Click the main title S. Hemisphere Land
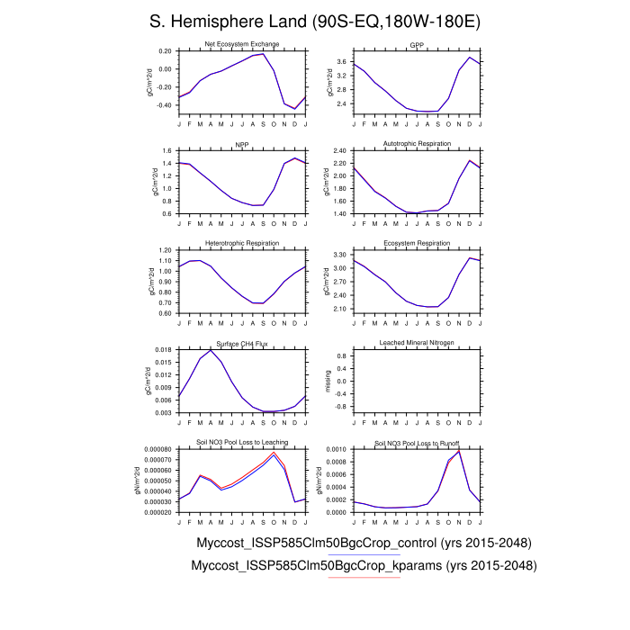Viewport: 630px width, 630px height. click(314, 21)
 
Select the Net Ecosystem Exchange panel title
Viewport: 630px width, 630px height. click(242, 44)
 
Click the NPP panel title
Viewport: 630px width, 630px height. click(242, 144)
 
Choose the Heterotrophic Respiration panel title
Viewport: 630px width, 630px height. click(242, 243)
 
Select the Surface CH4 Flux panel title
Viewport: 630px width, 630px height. click(242, 343)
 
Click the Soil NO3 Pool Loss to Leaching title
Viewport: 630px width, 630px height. click(242, 443)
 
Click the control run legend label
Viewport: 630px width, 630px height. click(363, 543)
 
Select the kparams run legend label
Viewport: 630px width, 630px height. click(364, 565)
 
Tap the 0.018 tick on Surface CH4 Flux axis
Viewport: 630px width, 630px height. click(163, 349)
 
